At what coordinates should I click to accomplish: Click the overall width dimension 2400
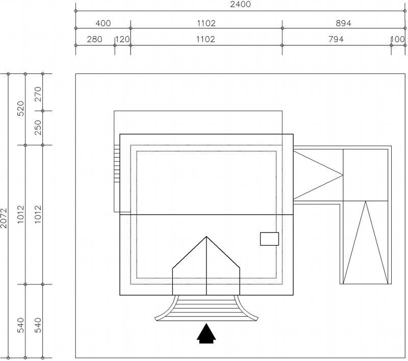click(240, 5)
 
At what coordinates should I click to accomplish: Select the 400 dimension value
click(103, 23)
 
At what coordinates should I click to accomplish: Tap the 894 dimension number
click(343, 23)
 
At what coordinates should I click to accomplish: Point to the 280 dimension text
click(94, 39)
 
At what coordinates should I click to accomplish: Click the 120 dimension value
click(122, 39)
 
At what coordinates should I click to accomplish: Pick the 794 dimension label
click(336, 39)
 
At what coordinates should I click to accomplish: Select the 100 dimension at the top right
click(398, 39)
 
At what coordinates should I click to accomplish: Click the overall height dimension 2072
click(4, 218)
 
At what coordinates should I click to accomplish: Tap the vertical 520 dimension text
click(20, 109)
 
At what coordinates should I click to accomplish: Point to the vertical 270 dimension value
click(38, 94)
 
